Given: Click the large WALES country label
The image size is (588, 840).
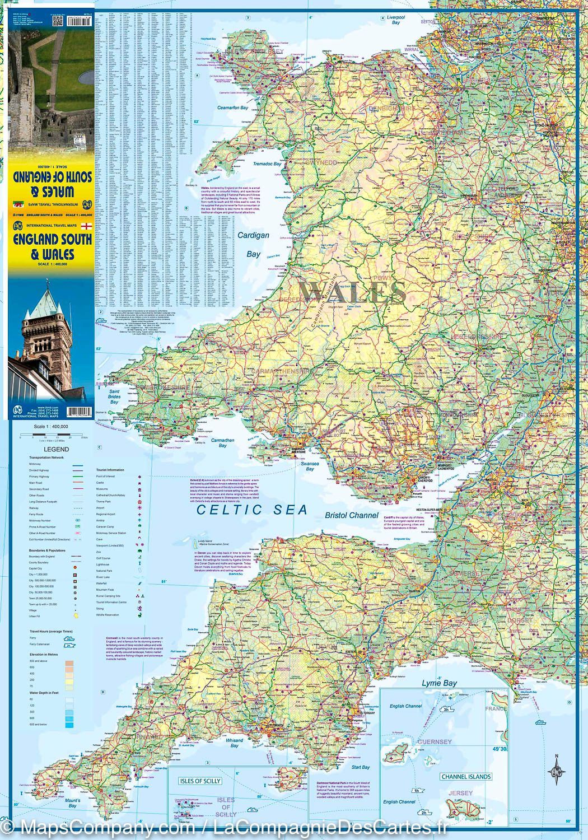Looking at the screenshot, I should click(x=352, y=292).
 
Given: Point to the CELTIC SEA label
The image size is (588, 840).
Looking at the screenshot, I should click(x=252, y=510).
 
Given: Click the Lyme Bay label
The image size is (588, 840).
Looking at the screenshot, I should click(x=439, y=683).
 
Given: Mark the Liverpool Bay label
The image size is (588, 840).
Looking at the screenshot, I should click(x=396, y=20).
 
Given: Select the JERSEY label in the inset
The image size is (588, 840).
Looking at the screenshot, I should click(x=460, y=793).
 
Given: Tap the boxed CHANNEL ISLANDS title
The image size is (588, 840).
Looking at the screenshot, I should click(x=466, y=777).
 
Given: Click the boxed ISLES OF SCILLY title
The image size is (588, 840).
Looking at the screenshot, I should click(x=200, y=781).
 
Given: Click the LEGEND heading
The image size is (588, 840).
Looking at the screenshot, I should click(x=53, y=449).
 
